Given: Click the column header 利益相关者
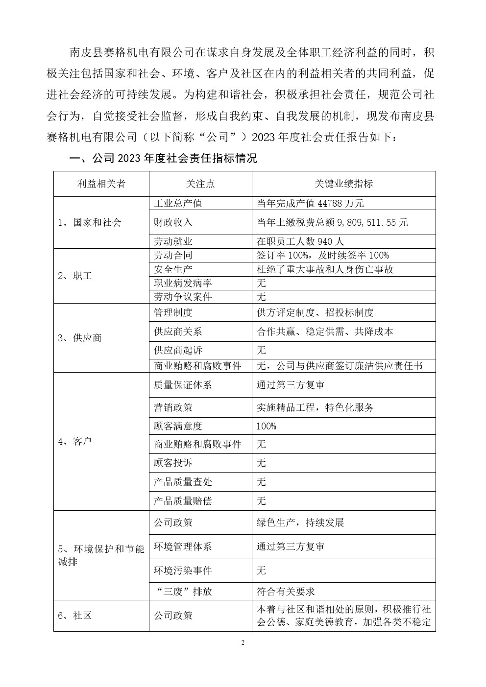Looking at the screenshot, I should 101,184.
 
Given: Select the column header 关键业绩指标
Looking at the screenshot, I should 343,184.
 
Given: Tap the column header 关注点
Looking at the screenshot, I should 200,184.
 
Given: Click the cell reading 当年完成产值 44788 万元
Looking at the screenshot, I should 310,203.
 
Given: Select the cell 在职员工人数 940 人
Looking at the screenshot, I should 300,241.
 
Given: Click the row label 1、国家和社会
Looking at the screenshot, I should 90,222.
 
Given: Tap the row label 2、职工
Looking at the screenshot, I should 75,276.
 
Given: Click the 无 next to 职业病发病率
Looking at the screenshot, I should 261,283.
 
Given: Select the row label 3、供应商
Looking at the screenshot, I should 80,338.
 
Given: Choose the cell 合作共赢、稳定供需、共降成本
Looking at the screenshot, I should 325,332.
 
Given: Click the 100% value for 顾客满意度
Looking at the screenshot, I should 266,426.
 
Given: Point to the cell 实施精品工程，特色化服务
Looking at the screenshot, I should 315,407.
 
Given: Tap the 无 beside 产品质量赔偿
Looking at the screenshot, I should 261,501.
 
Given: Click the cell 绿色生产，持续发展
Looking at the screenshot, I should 300,522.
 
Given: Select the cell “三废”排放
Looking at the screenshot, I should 183,592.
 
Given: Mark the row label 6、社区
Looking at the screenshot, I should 75,616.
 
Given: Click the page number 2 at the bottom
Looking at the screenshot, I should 243,643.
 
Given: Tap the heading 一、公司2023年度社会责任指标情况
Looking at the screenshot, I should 164,158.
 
